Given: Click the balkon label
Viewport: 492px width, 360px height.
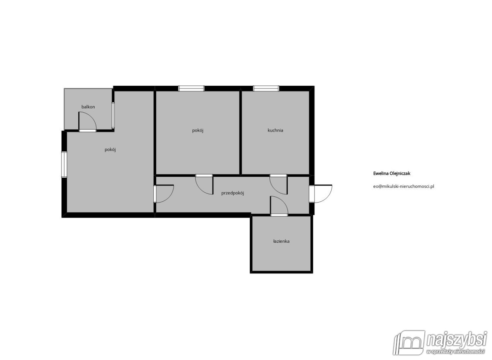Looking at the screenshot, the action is point(88,107).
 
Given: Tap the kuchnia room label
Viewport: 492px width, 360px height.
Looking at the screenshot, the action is point(275,130).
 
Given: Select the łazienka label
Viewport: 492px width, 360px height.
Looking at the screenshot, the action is point(281,241).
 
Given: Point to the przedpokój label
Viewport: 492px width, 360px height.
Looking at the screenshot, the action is point(232,193).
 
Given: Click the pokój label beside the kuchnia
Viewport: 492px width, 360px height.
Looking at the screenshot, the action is point(198,130).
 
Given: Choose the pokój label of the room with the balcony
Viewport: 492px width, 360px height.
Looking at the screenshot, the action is point(110,150).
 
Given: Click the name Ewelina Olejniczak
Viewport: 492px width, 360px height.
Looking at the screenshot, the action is point(392,173).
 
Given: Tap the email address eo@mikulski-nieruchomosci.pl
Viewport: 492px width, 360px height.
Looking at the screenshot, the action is point(403,186).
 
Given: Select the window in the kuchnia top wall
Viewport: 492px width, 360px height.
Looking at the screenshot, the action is point(266,89).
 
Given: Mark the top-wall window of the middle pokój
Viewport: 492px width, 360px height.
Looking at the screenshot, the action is point(191,89).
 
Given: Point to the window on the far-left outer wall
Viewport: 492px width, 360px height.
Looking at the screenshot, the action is point(64,164).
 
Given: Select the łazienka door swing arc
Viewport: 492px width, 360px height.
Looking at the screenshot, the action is point(282,202).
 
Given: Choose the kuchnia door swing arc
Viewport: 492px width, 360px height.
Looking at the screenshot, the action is point(275,189).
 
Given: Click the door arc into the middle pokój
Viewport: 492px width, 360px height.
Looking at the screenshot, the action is point(200,189).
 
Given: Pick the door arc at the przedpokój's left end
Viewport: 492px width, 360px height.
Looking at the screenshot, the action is point(169,197).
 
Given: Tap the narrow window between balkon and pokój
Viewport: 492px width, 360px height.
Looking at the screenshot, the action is point(113,115).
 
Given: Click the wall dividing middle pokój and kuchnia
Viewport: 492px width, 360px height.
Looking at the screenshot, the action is point(241,133).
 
